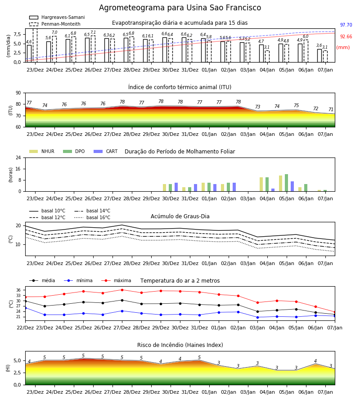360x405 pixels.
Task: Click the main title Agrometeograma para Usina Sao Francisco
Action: point(180,8)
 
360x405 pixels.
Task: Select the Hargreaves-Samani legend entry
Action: point(57,17)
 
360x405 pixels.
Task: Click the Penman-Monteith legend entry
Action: point(55,24)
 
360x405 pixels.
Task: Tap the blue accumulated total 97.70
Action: point(346,25)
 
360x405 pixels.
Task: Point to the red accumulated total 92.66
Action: point(346,37)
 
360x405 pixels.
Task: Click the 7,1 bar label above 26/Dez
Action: point(93,32)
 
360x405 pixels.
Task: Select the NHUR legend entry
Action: point(42,151)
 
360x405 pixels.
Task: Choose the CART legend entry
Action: point(106,151)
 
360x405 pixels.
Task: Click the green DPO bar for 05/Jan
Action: point(286,183)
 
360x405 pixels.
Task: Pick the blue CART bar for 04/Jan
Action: point(273,190)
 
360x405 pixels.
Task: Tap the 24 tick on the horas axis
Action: point(18,157)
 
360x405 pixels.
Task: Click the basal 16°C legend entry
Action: point(92,217)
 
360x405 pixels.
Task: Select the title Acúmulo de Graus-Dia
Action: point(180,216)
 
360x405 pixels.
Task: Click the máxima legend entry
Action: point(117,280)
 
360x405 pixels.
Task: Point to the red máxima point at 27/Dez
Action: point(122,290)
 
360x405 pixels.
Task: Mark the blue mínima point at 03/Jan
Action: point(257,317)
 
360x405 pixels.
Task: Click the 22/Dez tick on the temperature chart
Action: point(25,328)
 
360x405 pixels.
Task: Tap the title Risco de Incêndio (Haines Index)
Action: point(180,345)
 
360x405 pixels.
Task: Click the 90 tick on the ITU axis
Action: point(18,93)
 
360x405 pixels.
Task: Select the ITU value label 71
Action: point(331,109)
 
